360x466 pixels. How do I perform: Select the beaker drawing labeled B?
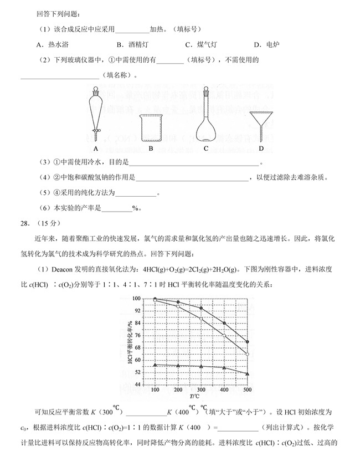tap(150, 128)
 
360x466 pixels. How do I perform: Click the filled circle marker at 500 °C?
tap(247, 342)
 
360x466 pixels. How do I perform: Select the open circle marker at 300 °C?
tap(200, 319)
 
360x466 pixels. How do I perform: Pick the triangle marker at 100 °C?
tap(155, 365)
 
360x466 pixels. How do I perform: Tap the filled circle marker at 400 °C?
tap(224, 323)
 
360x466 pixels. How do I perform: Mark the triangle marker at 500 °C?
tap(247, 374)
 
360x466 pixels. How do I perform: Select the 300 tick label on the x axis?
tap(200, 391)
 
